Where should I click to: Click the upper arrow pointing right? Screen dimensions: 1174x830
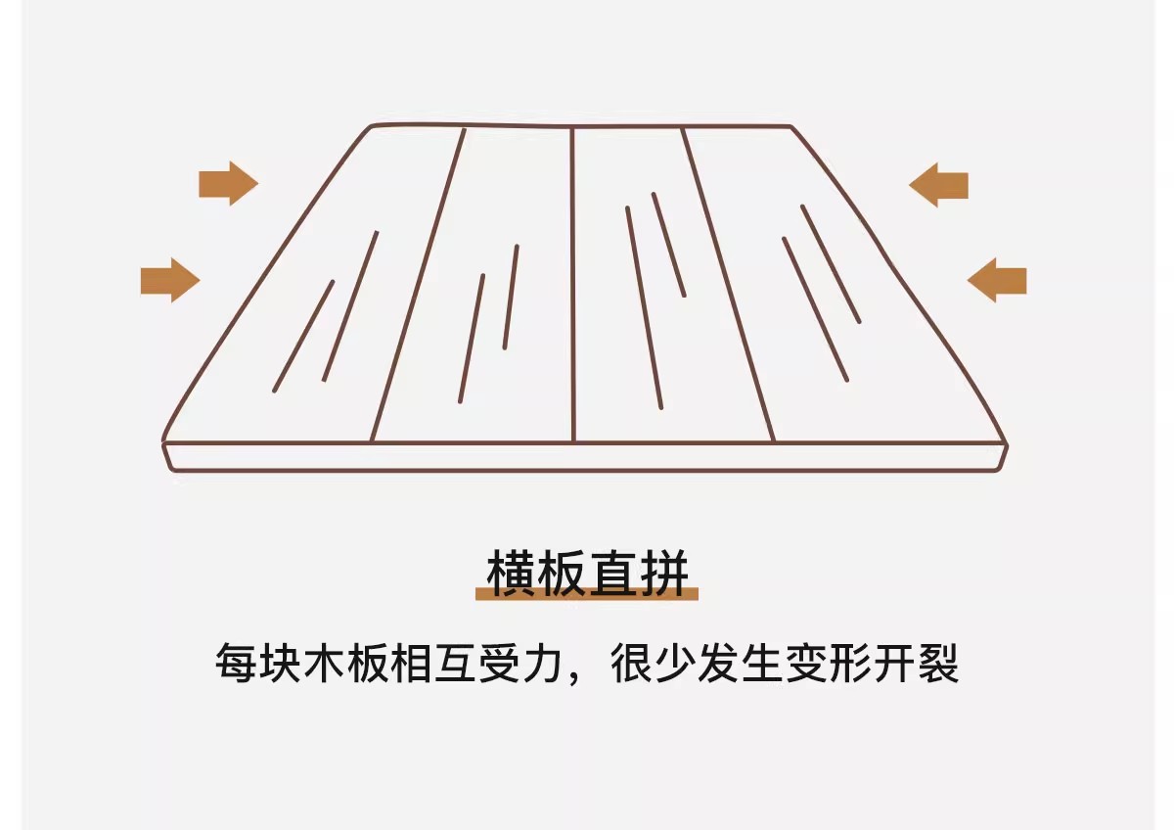coord(229,183)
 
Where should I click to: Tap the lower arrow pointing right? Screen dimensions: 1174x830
coord(170,280)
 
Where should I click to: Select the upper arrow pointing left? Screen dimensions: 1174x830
coord(938,185)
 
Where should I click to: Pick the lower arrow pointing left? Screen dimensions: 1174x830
coord(997,280)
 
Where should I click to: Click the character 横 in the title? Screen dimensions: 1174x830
coord(511,574)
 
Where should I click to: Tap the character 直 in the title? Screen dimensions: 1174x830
coord(613,574)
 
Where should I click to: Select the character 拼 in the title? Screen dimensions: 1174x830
coord(664,574)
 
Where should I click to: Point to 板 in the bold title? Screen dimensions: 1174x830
coord(562,574)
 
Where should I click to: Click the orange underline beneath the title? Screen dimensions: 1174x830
coord(587,593)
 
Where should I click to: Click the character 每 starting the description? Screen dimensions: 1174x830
coord(236,663)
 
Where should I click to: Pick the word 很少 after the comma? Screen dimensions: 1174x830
coord(654,663)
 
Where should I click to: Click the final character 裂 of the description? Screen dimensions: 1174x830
coord(938,663)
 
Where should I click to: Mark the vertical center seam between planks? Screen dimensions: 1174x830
coord(573,285)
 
